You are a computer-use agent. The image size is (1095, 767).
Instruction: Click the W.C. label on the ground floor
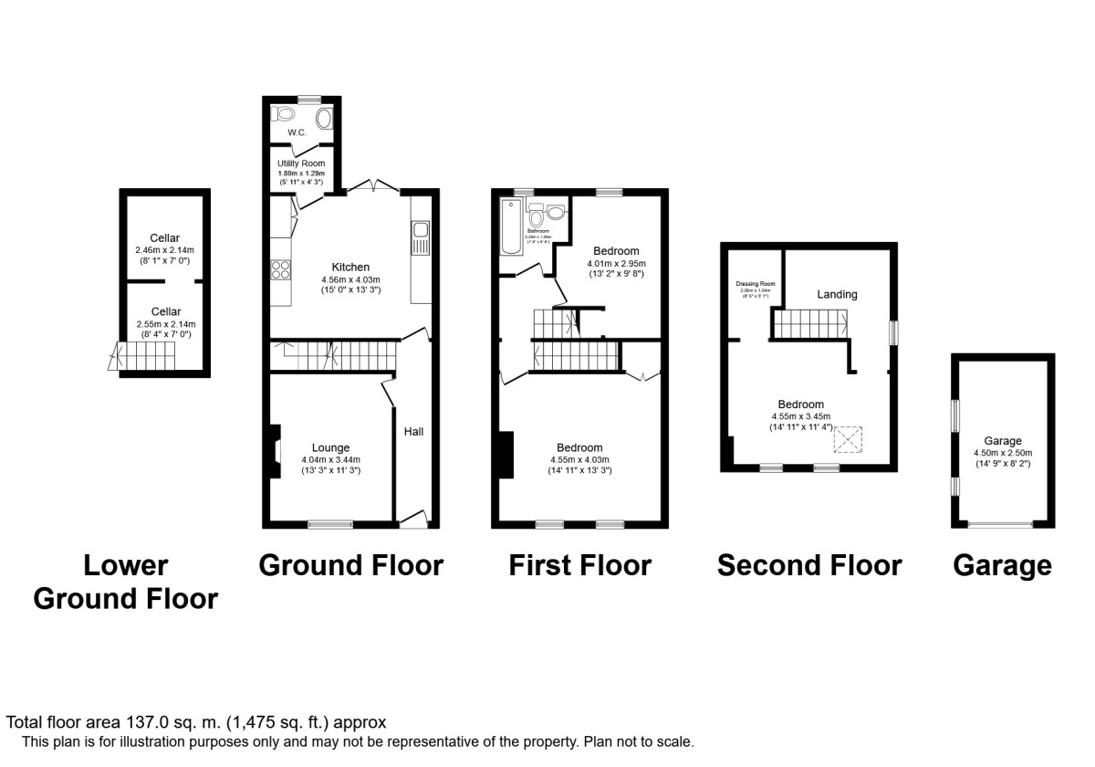[x=296, y=133]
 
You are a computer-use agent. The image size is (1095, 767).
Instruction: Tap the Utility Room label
[x=301, y=163]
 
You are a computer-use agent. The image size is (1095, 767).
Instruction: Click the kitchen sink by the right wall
[x=420, y=240]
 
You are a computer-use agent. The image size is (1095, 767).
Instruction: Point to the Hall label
[x=413, y=431]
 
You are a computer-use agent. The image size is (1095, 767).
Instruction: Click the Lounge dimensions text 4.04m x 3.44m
[x=331, y=459]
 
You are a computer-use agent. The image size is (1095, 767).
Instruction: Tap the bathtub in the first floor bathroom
[x=509, y=226]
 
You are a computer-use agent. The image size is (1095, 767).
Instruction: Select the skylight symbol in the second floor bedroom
[x=850, y=440]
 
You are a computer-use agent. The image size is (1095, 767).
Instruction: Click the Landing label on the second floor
[x=837, y=294]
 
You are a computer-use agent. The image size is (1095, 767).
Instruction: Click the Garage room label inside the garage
[x=1002, y=440]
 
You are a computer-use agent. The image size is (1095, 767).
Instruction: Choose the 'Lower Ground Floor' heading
[x=126, y=582]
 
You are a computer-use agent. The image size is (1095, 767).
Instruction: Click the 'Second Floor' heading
[x=809, y=565]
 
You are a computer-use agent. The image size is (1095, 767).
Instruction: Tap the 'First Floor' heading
[x=580, y=565]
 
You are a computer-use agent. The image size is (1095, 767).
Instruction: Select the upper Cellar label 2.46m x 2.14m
[x=165, y=249]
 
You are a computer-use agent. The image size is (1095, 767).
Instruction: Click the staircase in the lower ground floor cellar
[x=128, y=357]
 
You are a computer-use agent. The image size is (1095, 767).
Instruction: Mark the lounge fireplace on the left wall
[x=276, y=451]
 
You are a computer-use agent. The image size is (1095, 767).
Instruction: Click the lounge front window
[x=330, y=524]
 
